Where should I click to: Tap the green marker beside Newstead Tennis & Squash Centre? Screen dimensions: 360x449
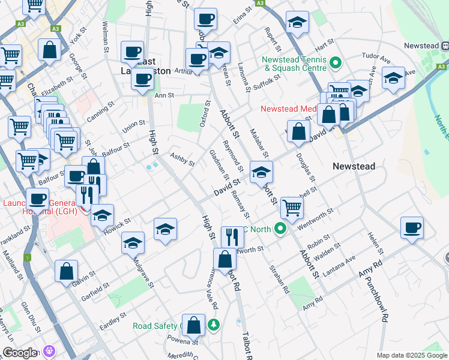point(336,62)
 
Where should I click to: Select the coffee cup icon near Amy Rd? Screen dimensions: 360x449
point(412,229)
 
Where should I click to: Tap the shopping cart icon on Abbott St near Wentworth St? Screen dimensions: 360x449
point(292,208)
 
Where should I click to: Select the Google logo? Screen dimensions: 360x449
point(20,353)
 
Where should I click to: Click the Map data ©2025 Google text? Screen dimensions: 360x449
point(411,355)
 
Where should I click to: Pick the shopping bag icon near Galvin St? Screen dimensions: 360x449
point(66,271)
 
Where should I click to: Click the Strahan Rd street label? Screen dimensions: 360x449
point(279,279)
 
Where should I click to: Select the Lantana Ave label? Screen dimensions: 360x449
point(341,265)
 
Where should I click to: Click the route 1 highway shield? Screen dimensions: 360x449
point(28,257)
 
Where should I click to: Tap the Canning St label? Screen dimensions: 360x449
point(101,110)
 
